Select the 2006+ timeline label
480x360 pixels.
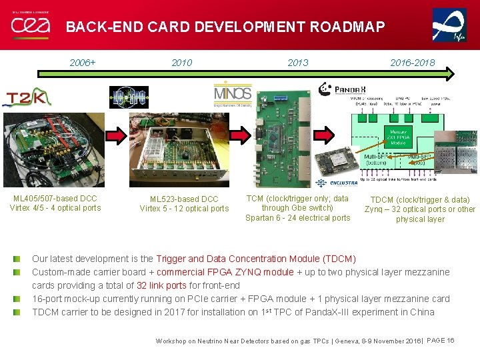(x=83, y=63)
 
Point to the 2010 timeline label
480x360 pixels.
(x=181, y=63)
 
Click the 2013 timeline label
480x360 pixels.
(x=297, y=63)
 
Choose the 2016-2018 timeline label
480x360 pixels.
(x=413, y=63)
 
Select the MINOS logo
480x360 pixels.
(x=233, y=95)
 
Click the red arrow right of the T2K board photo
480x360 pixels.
(x=119, y=137)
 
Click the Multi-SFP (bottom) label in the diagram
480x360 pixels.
(x=378, y=160)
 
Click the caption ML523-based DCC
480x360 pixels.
(x=184, y=199)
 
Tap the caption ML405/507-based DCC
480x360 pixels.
(x=55, y=198)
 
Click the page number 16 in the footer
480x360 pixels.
(x=451, y=341)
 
